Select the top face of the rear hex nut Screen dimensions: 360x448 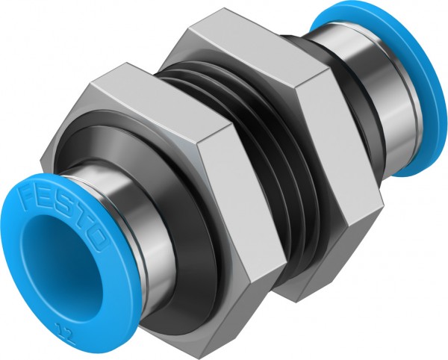pos(239,41)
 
